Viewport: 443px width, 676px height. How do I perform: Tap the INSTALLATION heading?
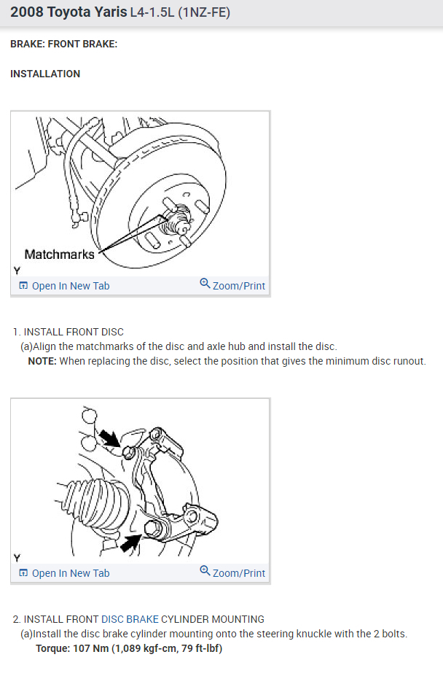click(45, 74)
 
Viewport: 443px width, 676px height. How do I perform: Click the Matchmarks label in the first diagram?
click(59, 255)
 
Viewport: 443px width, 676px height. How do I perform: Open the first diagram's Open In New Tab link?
click(70, 286)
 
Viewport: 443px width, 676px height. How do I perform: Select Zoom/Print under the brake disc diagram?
click(238, 286)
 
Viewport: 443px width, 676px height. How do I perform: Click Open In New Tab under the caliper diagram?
click(70, 573)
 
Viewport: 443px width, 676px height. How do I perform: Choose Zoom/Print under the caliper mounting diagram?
click(238, 573)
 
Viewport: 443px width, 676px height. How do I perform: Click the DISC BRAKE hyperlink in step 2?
click(129, 619)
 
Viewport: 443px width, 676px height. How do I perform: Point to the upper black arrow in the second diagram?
click(111, 438)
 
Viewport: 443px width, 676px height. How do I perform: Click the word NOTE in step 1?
click(42, 361)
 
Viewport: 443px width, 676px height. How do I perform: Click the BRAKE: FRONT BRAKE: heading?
click(64, 44)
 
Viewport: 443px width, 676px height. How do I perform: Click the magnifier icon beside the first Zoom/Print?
click(205, 284)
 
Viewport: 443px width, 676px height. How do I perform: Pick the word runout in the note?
click(409, 361)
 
